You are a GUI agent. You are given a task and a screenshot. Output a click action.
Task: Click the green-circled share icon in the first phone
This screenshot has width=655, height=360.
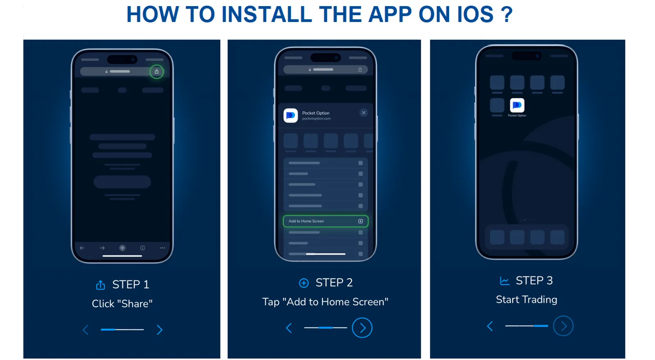click(x=157, y=72)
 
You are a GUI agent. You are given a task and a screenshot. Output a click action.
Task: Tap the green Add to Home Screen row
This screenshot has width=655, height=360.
click(x=325, y=221)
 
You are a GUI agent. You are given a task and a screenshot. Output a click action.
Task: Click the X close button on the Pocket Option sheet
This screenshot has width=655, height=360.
click(x=364, y=113)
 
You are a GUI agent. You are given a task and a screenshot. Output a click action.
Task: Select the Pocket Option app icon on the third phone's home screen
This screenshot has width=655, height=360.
click(x=517, y=106)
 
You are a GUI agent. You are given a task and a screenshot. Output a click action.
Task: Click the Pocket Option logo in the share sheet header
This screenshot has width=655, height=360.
click(x=291, y=115)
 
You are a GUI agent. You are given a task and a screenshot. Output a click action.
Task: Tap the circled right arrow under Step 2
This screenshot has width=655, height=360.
click(x=362, y=328)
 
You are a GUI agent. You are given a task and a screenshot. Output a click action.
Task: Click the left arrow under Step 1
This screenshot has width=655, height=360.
click(x=86, y=330)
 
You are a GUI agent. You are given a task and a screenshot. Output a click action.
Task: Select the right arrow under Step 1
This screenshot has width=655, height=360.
click(x=160, y=330)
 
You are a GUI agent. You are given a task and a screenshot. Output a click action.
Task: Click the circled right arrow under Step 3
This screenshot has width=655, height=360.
click(x=563, y=326)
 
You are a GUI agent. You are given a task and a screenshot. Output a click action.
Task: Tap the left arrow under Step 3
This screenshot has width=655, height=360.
click(x=490, y=326)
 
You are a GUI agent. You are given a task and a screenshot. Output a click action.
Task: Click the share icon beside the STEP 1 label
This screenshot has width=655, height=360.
click(x=101, y=285)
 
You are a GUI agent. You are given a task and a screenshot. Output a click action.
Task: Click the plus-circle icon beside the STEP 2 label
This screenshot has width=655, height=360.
click(x=304, y=283)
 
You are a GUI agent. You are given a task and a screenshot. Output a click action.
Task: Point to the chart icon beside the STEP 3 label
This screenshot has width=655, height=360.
click(x=505, y=281)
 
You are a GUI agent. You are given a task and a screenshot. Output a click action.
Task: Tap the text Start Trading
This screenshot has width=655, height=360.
click(x=526, y=300)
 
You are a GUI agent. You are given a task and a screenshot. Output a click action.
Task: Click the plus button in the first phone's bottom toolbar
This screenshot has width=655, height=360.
click(x=122, y=248)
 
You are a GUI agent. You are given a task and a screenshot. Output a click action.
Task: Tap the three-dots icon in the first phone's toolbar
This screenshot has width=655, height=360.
click(x=163, y=248)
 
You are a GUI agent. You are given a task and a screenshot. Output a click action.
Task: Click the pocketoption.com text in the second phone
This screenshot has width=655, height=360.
click(x=316, y=119)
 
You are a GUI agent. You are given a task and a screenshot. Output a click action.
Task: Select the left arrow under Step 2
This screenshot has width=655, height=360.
click(x=289, y=328)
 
